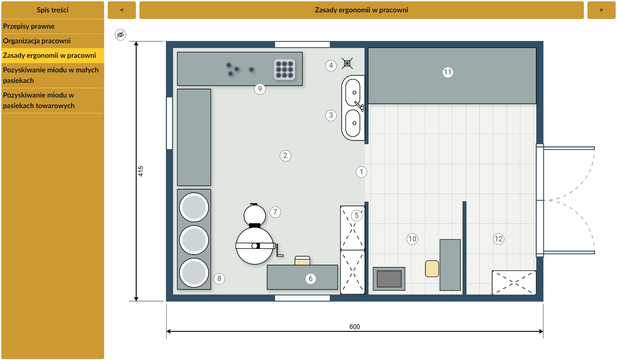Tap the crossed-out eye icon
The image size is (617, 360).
[120, 35]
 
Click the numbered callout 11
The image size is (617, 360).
[448, 72]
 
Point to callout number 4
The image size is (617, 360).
[331, 66]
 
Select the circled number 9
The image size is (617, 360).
[260, 89]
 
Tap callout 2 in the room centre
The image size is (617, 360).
[286, 156]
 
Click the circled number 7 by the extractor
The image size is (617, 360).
[275, 212]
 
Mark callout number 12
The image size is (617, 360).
[499, 239]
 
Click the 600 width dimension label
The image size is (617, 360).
[354, 326]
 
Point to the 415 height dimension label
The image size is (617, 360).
[141, 171]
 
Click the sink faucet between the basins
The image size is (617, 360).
[359, 106]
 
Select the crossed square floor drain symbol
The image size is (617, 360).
[347, 64]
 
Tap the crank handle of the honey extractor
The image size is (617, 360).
[279, 251]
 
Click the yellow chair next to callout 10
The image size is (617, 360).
[432, 269]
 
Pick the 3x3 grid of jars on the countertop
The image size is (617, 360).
[285, 70]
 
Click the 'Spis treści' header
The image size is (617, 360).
[53, 10]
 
